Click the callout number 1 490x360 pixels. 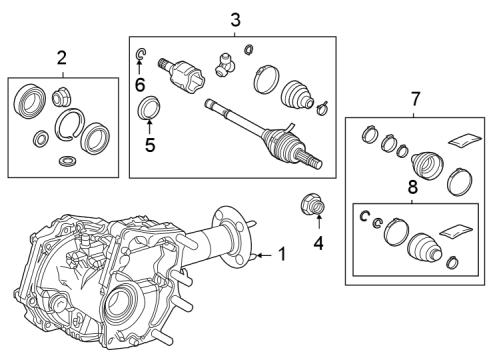point(282,255)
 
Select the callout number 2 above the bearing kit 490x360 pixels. point(61,57)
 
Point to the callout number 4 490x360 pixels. point(318,242)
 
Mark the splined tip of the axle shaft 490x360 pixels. point(316,161)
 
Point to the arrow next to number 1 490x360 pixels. point(263,256)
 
